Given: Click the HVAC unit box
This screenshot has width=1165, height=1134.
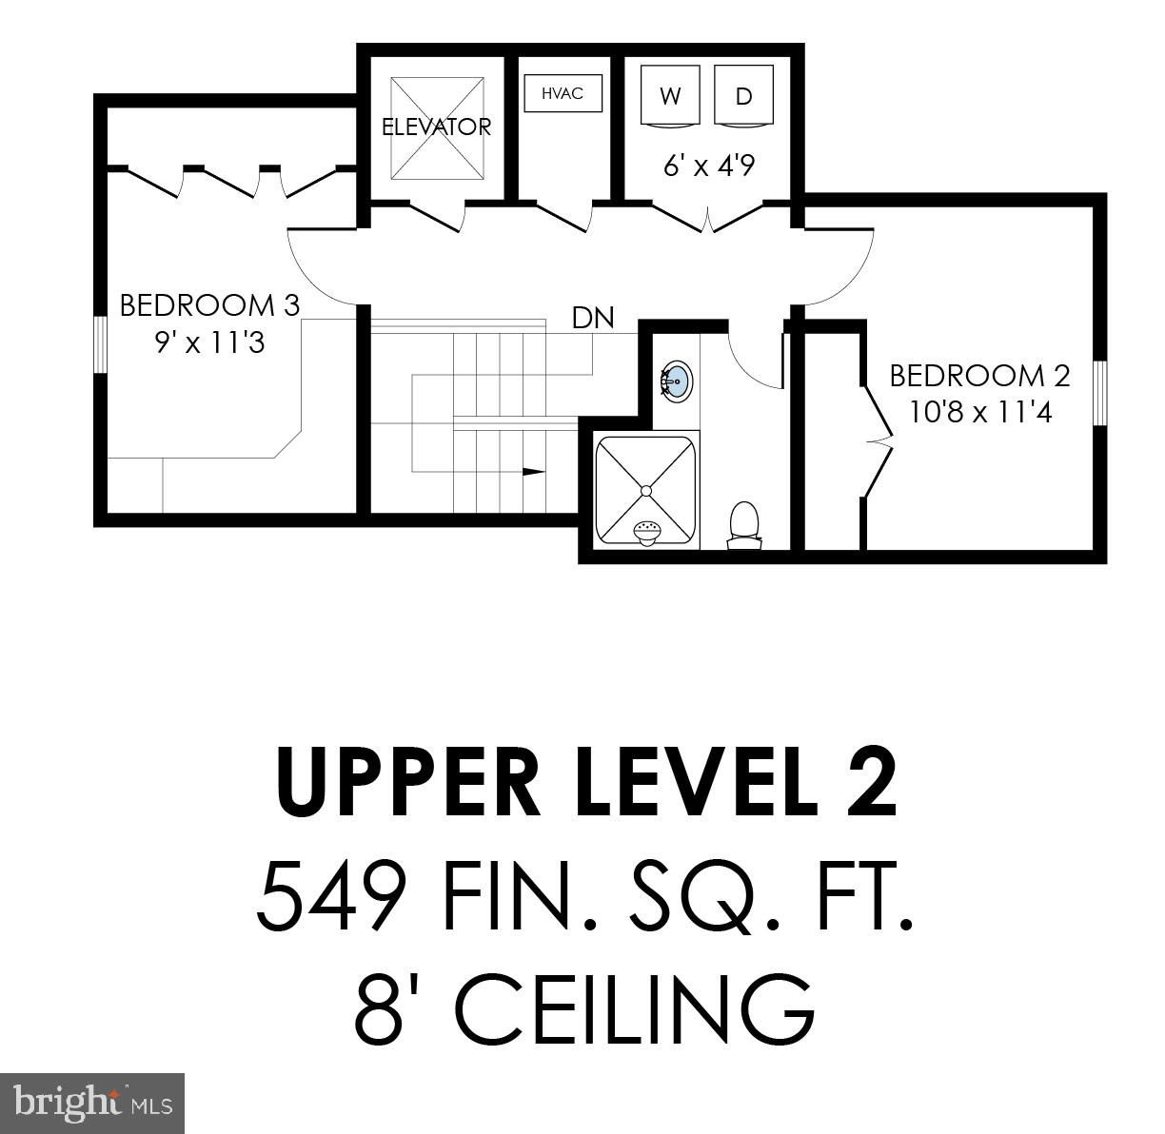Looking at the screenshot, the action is point(563,92).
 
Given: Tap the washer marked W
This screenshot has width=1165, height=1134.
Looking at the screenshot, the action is point(670,96).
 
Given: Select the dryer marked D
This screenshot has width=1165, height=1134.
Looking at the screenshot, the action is point(743,96).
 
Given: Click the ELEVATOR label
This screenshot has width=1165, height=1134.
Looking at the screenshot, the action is point(436,127).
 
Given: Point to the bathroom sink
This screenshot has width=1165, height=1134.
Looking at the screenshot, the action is point(676,380).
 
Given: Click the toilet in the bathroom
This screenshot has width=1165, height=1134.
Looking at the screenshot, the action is point(744,525).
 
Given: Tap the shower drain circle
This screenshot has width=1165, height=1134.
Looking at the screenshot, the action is point(646,491).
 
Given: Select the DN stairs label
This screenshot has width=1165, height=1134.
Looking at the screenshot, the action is point(593,318).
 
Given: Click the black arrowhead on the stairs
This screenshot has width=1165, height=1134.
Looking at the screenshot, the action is point(533,472).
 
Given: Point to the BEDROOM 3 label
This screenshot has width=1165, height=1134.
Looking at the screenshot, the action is point(209,305).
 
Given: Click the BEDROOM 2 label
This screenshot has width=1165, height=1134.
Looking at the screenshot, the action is point(979,375).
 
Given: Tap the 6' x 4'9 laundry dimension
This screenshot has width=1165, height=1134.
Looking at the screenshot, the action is point(708,166).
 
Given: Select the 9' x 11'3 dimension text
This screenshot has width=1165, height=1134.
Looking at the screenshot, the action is point(209,342).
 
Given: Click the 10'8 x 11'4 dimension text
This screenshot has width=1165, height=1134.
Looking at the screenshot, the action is point(980,412).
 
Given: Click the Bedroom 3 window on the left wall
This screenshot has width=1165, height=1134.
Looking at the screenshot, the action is point(101,346).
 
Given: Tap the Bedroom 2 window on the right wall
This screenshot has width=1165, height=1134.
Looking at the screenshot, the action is point(1099,393).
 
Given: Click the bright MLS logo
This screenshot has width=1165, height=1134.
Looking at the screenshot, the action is point(91,1104).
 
